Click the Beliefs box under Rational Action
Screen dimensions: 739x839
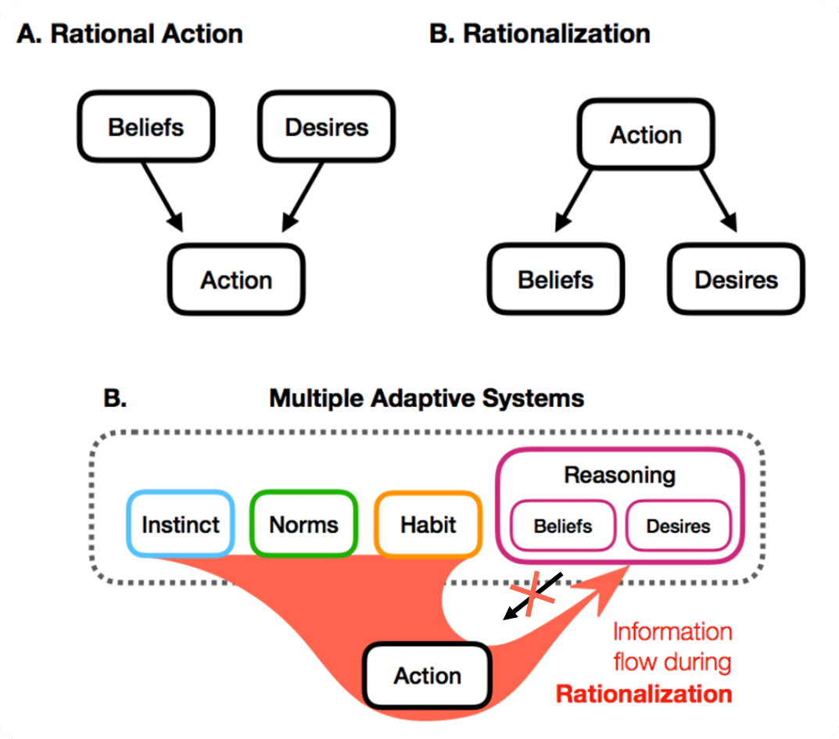(146, 127)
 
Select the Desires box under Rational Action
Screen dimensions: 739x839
(326, 127)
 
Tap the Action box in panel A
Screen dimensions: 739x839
(236, 280)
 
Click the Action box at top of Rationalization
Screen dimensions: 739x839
(646, 134)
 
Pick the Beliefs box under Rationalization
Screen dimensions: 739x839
(556, 279)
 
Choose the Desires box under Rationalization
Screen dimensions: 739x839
(736, 279)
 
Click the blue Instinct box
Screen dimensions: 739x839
(181, 524)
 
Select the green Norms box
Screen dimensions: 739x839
(303, 524)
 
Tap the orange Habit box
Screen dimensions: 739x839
(428, 524)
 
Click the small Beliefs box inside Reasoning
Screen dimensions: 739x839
(563, 527)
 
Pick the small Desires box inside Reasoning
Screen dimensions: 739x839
(678, 527)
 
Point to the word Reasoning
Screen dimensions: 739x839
(620, 475)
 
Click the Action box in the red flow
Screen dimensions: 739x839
(428, 676)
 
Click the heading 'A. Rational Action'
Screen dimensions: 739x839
(130, 34)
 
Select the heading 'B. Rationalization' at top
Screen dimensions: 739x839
(540, 34)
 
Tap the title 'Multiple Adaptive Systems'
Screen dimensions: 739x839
(426, 398)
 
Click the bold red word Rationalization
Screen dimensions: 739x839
(644, 694)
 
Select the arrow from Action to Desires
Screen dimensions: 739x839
(717, 198)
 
